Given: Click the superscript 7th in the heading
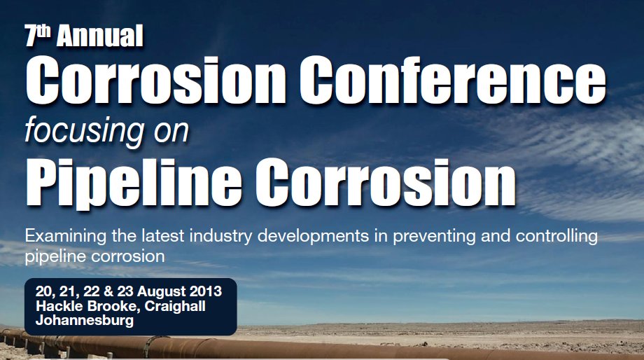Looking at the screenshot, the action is pyautogui.click(x=37, y=35).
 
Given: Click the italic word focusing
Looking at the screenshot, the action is pyautogui.click(x=85, y=131).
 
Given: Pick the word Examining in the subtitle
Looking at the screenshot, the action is pyautogui.click(x=66, y=237).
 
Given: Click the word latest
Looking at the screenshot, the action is pyautogui.click(x=162, y=236).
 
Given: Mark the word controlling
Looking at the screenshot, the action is pyautogui.click(x=556, y=237).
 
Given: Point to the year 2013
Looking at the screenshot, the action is pyautogui.click(x=205, y=291).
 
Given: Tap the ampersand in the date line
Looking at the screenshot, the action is pyautogui.click(x=108, y=291).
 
